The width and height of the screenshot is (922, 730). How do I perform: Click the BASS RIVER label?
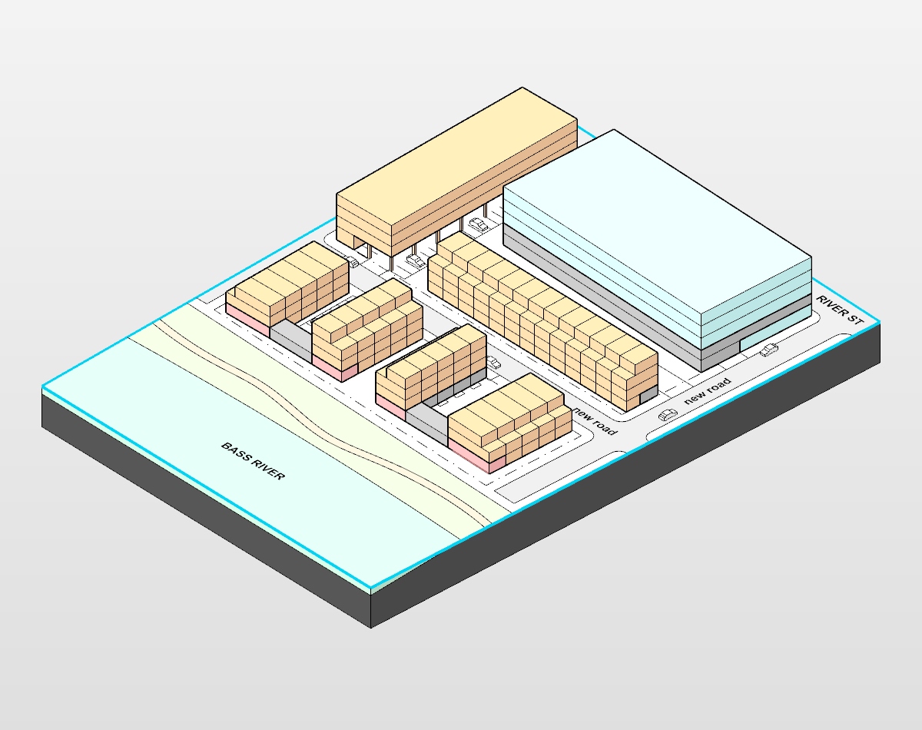point(253,461)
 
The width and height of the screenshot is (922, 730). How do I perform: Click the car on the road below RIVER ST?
point(768,351)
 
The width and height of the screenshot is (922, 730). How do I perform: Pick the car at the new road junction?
point(668,415)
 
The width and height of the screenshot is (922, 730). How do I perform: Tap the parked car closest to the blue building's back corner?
point(479,224)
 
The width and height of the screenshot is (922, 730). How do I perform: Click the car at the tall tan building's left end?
point(354,262)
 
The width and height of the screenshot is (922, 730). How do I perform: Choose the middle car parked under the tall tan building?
point(416,260)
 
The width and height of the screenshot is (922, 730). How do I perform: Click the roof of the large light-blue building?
point(653,223)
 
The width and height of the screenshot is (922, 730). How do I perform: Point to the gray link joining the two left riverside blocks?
point(290,339)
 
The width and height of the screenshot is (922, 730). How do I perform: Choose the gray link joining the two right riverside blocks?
point(426,422)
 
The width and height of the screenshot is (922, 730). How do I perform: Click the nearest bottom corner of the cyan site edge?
point(372,589)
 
